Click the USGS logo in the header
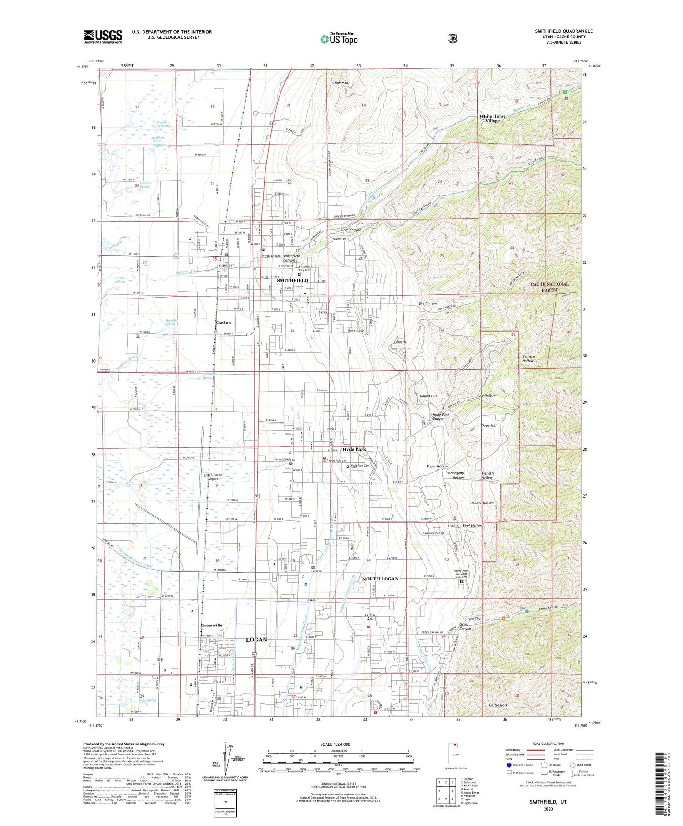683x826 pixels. (x=103, y=36)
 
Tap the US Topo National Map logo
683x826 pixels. (x=339, y=39)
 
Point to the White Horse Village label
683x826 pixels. (x=492, y=118)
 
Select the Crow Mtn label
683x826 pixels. (x=340, y=83)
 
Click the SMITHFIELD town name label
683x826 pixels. (x=292, y=281)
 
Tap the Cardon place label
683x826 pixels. (x=223, y=323)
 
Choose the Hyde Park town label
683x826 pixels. (x=354, y=449)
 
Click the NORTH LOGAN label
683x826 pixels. (x=380, y=579)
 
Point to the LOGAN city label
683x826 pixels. (x=256, y=640)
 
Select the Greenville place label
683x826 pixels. (x=211, y=626)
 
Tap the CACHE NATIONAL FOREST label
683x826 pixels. (x=550, y=287)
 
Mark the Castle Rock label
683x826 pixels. (x=498, y=705)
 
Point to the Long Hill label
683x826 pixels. (x=401, y=342)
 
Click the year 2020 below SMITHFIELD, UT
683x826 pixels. (x=548, y=809)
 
